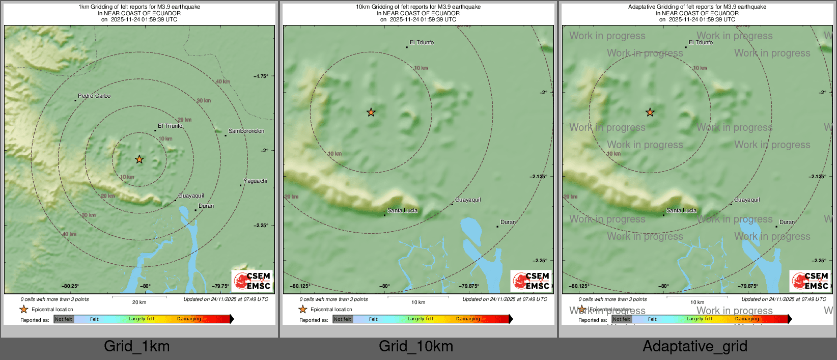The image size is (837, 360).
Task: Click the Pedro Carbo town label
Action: pyautogui.click(x=94, y=96)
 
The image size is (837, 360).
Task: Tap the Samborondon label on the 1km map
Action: pyautogui.click(x=246, y=131)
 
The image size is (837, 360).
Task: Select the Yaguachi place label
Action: pyautogui.click(x=255, y=181)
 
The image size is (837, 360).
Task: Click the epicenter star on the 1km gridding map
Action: pyautogui.click(x=139, y=159)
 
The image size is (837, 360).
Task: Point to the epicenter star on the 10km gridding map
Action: pyautogui.click(x=371, y=112)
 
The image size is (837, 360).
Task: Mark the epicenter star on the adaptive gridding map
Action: pyautogui.click(x=650, y=112)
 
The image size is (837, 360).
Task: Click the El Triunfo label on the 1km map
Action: pyautogui.click(x=170, y=126)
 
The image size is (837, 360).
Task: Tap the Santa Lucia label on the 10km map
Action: pyautogui.click(x=402, y=210)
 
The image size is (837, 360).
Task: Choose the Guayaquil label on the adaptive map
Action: pyautogui.click(x=747, y=200)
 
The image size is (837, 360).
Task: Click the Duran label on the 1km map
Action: pyautogui.click(x=206, y=206)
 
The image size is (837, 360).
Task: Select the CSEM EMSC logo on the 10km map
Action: pyautogui.click(x=531, y=281)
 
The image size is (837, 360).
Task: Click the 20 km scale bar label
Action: pyautogui.click(x=139, y=302)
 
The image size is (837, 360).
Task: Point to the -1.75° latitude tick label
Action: pyautogui.click(x=261, y=76)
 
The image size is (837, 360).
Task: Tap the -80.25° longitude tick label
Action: pyautogui.click(x=70, y=286)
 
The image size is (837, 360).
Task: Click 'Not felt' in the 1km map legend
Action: pyautogui.click(x=64, y=319)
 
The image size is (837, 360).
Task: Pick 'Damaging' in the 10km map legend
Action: pyautogui.click(x=468, y=319)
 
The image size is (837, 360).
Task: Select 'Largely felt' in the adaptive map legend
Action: pyautogui.click(x=700, y=319)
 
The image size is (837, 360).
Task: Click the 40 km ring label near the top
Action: pyautogui.click(x=222, y=81)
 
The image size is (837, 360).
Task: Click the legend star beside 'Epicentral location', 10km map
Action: pyautogui.click(x=303, y=309)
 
